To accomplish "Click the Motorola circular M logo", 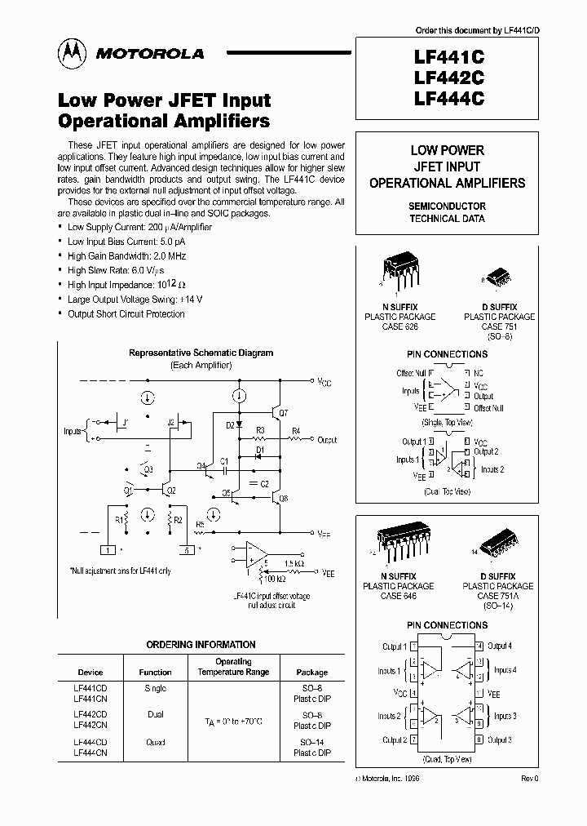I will click(71, 53).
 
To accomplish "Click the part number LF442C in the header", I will click(449, 78).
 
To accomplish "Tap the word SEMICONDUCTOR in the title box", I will click(447, 206).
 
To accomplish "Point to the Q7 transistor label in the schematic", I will click(283, 414).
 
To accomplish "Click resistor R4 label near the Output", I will click(295, 431).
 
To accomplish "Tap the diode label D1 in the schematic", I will click(260, 451).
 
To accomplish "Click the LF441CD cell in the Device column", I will click(90, 688).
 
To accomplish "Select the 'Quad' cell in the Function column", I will click(155, 742).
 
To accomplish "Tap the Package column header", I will click(311, 673).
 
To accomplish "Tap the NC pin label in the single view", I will click(479, 372).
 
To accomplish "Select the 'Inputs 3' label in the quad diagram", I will click(503, 716).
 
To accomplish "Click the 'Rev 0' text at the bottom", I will click(530, 779).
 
